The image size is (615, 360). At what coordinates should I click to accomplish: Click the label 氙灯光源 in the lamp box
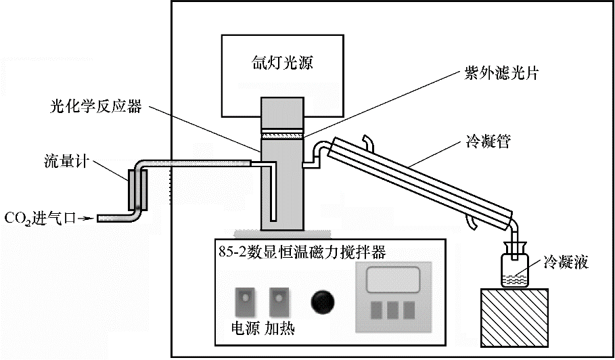(x=282, y=63)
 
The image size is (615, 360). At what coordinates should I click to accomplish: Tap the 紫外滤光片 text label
(x=501, y=73)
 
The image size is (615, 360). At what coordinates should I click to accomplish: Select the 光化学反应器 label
(x=96, y=106)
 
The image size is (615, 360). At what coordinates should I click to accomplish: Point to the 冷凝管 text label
(x=488, y=141)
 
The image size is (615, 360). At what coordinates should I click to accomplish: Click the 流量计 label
(x=67, y=162)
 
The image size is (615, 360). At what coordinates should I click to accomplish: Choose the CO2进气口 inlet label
(x=39, y=219)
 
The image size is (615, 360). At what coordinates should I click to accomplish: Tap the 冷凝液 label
(x=566, y=262)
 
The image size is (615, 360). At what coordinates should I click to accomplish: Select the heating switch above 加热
(x=279, y=302)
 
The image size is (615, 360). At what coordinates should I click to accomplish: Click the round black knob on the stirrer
(x=323, y=302)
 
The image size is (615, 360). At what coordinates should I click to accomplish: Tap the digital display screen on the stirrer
(x=393, y=279)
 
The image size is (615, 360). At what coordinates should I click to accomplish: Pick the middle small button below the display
(x=393, y=310)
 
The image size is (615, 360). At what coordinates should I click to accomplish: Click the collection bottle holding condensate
(x=515, y=265)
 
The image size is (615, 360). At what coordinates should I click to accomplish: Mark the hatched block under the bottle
(x=514, y=317)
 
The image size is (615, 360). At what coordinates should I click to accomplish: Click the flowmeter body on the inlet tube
(x=137, y=189)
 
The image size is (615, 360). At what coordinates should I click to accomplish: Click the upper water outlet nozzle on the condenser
(x=368, y=143)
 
